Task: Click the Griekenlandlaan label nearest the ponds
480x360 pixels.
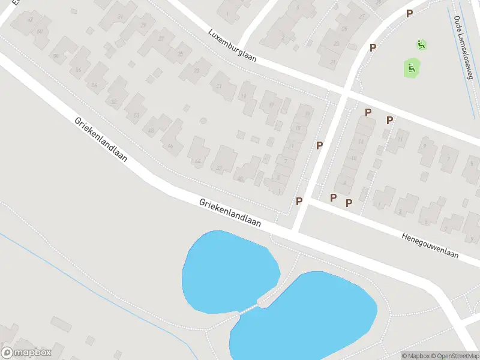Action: pos(231,213)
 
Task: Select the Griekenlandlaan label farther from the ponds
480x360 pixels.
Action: pos(101,139)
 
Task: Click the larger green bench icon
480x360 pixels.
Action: pos(411,68)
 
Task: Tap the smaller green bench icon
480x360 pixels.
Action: pos(421,44)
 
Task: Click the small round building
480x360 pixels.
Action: pos(203,121)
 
